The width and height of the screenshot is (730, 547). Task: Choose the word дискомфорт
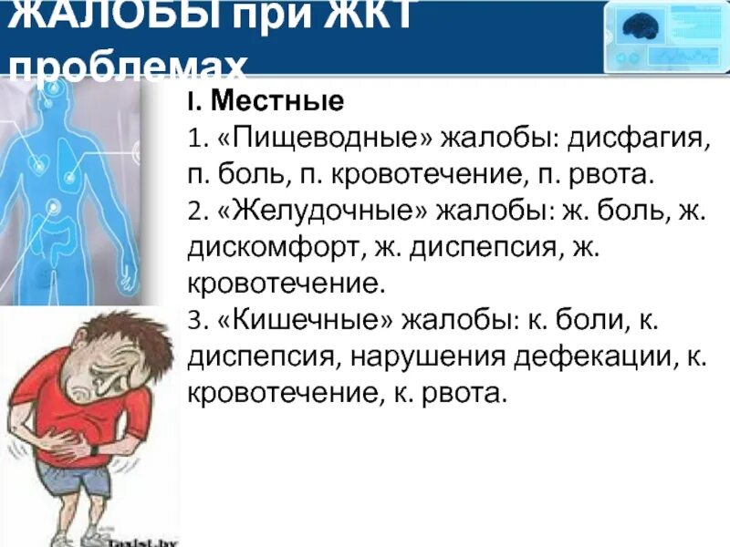point(263,248)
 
